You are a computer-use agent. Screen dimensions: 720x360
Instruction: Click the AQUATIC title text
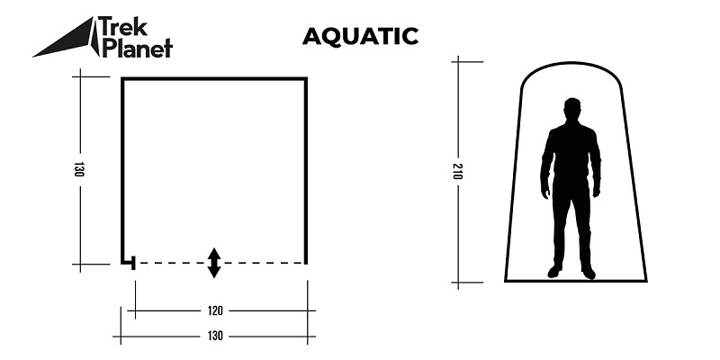pos(360,36)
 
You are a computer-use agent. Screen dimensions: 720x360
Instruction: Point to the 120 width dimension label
pos(214,311)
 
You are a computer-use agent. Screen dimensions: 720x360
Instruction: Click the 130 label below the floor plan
pos(214,337)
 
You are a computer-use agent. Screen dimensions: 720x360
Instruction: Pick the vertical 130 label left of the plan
pos(79,170)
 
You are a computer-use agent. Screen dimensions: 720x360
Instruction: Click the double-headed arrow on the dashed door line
pos(214,262)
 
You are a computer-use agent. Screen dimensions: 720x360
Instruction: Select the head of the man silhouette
pos(571,109)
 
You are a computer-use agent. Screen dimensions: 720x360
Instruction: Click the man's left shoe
pos(588,273)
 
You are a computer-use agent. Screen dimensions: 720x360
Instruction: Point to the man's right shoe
pos(554,273)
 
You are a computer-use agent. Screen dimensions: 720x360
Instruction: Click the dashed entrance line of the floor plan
pos(261,263)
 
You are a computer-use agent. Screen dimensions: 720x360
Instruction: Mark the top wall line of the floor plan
pos(214,79)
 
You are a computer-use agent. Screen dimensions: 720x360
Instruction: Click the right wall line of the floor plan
pos(306,171)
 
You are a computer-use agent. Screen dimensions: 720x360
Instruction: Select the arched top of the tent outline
pos(571,65)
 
